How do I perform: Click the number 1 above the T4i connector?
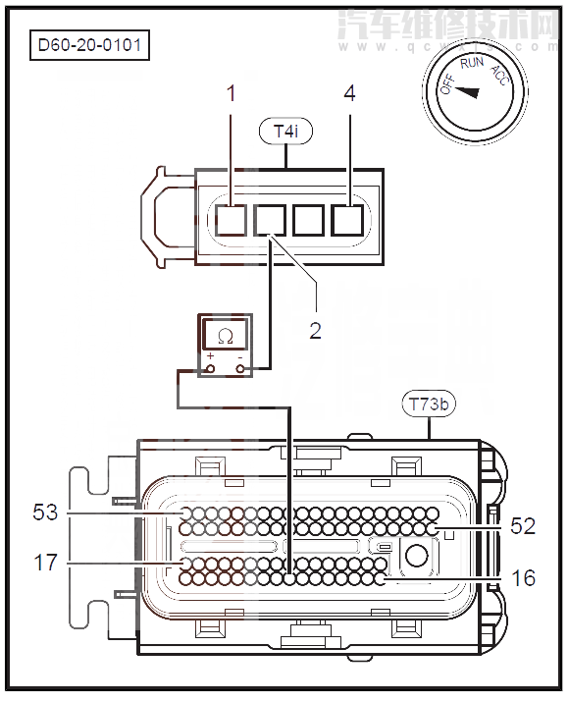tap(232, 95)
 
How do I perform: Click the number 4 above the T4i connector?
tap(349, 95)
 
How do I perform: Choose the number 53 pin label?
tap(46, 512)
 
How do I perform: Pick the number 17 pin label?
tap(46, 562)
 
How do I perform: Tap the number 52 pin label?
tap(523, 526)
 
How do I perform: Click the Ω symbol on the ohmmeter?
tap(226, 336)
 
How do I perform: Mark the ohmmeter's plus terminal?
tap(210, 368)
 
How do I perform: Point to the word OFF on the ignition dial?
tap(447, 84)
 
